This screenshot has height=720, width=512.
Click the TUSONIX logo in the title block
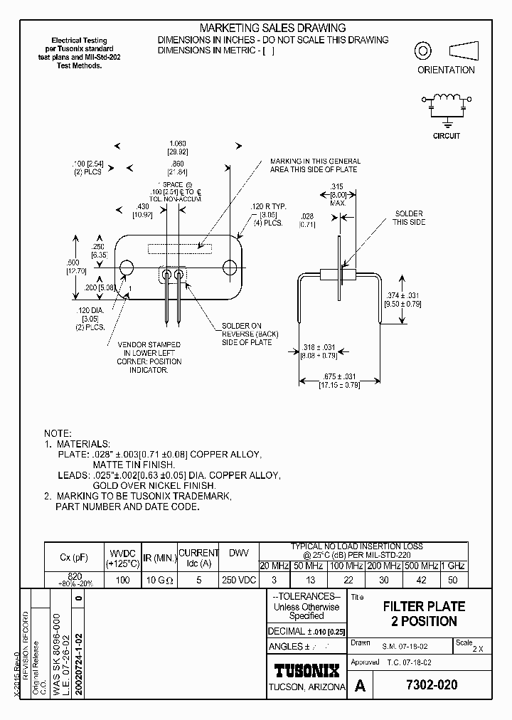tap(307, 670)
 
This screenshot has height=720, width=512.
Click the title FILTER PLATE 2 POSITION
tap(424, 614)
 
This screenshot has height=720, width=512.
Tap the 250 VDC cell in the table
tap(238, 580)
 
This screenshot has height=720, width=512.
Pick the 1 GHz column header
tap(454, 566)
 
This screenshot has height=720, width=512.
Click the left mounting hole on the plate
tap(127, 268)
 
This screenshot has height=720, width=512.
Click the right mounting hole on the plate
tap(230, 268)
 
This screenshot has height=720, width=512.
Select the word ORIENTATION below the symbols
tap(446, 70)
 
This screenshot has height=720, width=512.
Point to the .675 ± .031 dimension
tap(339, 376)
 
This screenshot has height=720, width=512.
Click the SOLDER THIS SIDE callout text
tap(408, 218)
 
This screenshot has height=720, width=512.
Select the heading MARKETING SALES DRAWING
tap(273, 28)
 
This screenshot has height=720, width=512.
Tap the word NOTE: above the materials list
tap(58, 433)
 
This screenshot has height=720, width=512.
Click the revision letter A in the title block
tap(360, 686)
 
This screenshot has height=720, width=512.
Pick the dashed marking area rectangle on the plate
tap(178, 248)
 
